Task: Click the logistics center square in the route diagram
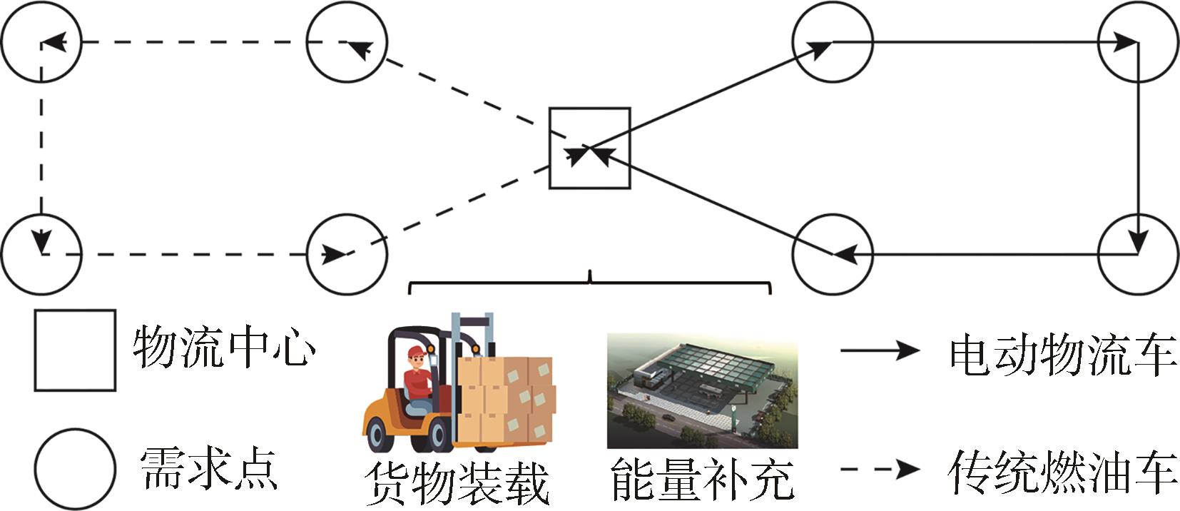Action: click(589, 148)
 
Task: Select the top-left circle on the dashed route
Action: click(41, 42)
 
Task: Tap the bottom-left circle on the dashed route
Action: click(41, 253)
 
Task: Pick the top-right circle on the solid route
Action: click(1138, 42)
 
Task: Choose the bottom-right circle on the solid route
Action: click(1138, 253)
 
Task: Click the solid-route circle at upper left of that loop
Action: click(833, 42)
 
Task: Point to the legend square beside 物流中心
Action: click(75, 350)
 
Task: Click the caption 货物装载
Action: click(457, 484)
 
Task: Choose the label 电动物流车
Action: click(1062, 354)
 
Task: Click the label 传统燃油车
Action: click(1062, 471)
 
